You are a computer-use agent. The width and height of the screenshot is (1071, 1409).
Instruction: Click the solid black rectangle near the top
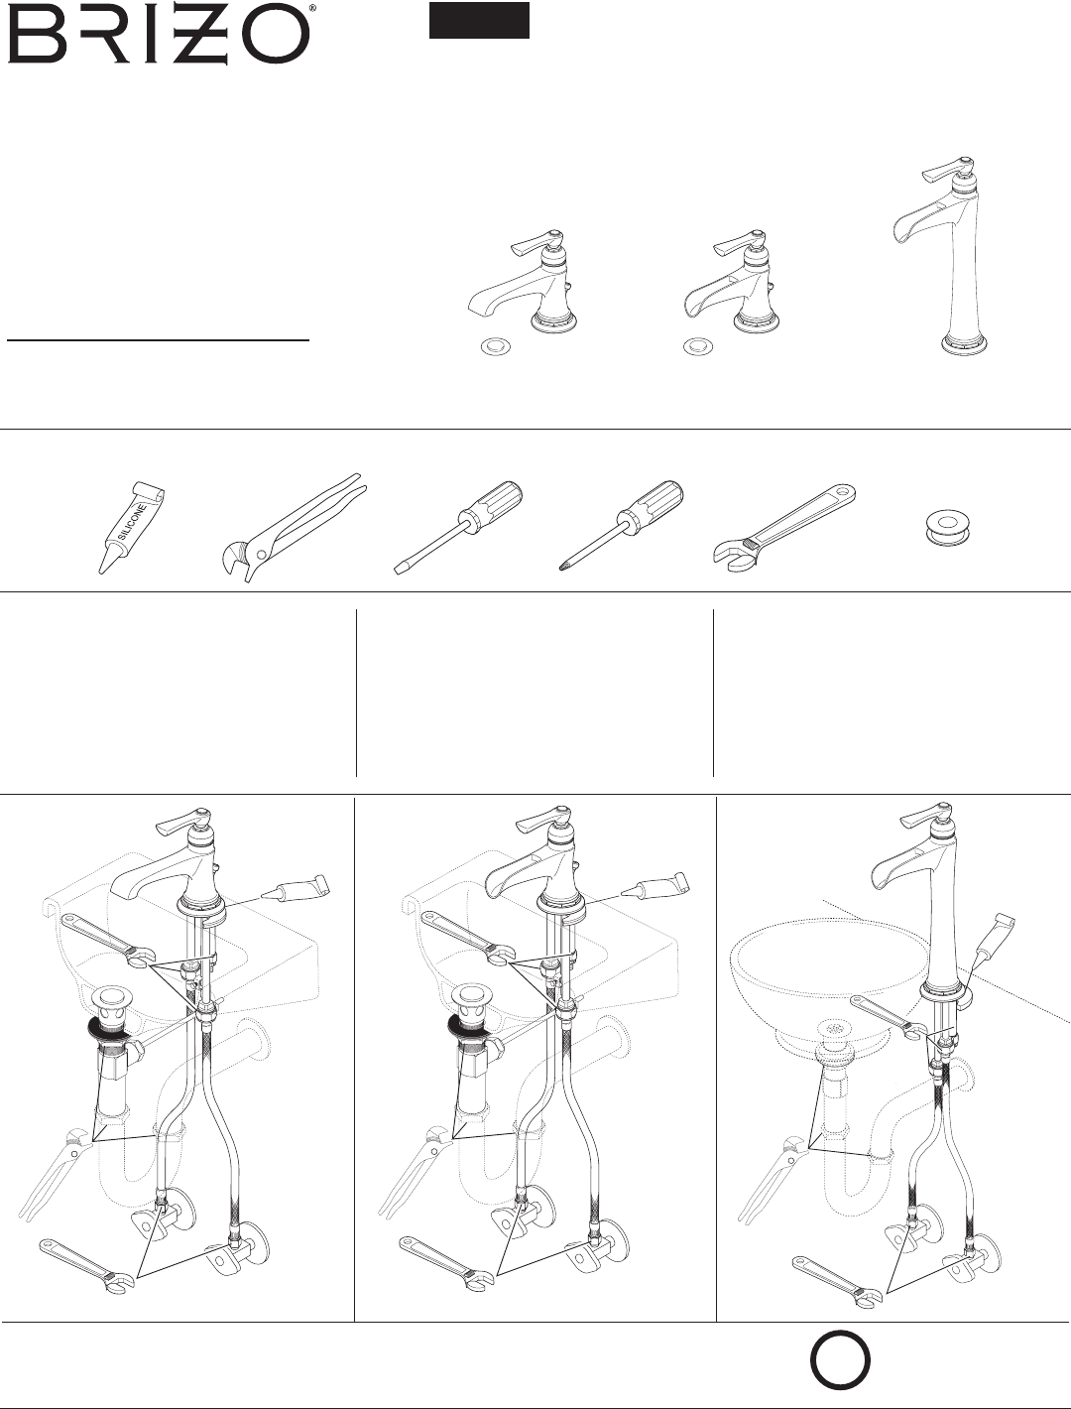(x=479, y=20)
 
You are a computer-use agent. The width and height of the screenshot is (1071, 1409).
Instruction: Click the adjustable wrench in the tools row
(x=784, y=528)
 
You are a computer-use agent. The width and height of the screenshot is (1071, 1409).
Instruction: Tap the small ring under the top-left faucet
(x=496, y=348)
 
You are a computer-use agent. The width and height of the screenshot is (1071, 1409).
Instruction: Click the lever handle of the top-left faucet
(x=534, y=243)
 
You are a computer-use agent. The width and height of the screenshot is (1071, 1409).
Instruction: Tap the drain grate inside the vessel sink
(x=834, y=1028)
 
